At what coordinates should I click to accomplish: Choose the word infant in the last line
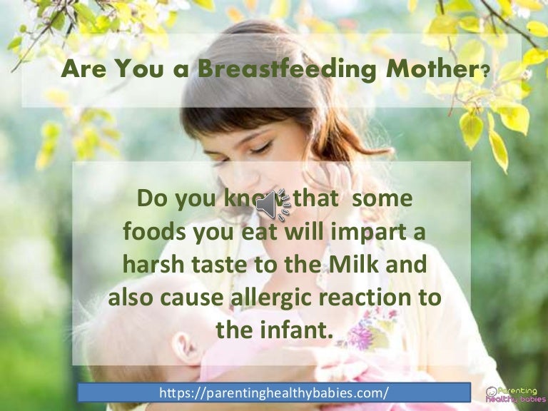[x=299, y=330]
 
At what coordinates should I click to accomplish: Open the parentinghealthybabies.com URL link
[x=274, y=392]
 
